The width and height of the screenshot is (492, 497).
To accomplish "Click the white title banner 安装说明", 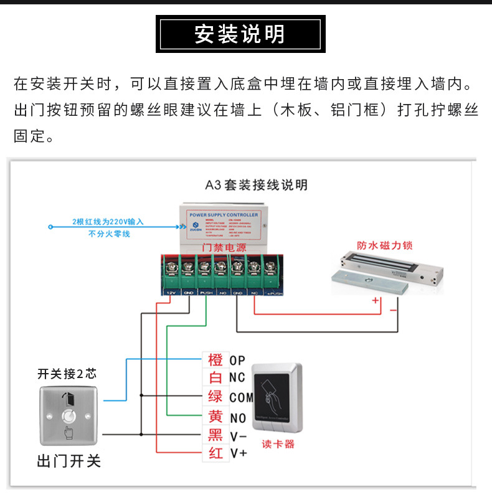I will click(x=240, y=35).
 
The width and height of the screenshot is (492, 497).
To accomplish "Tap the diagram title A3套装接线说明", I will click(x=257, y=185).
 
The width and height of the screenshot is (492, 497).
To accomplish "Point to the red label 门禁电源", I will click(x=224, y=247).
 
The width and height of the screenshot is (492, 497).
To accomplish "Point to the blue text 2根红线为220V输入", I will click(x=108, y=222).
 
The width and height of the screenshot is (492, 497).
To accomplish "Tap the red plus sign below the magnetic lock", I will click(x=376, y=301).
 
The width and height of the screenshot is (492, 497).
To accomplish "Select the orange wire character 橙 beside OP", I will click(x=215, y=360).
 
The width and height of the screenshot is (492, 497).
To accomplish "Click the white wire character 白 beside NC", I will click(x=215, y=377).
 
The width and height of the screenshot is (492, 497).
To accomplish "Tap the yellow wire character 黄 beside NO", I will click(x=215, y=417).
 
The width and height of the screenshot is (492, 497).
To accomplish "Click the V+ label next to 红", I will click(x=238, y=453).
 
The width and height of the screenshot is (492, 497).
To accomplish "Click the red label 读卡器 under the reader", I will click(x=278, y=445).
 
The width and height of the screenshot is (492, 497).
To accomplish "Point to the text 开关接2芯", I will click(x=67, y=374).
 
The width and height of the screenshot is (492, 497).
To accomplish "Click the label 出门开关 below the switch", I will click(x=69, y=462).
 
